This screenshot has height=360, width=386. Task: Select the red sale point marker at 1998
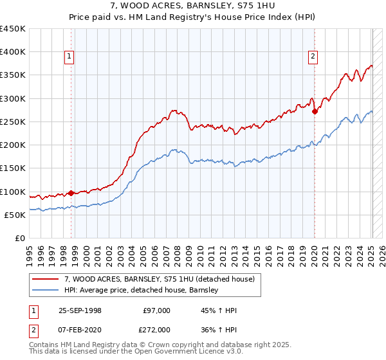[x=71, y=192]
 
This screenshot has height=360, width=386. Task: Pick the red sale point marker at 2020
[x=315, y=111]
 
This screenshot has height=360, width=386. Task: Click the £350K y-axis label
[x=13, y=75]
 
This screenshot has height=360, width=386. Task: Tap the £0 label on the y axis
[x=20, y=239]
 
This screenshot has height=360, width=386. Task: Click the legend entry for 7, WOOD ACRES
[x=160, y=279]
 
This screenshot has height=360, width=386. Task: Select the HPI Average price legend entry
[x=142, y=290]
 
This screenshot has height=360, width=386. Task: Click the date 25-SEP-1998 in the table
[x=80, y=310]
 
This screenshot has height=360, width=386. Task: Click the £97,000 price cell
[x=157, y=310]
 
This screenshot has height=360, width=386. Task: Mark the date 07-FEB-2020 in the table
[x=80, y=329]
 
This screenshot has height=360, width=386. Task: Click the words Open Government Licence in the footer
[x=174, y=352]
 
